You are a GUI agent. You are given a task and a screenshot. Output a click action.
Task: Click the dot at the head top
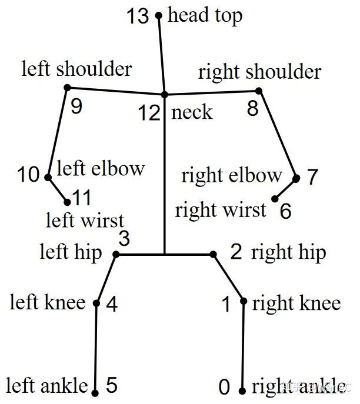click(x=158, y=16)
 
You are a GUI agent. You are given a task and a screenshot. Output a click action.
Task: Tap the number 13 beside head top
click(x=138, y=16)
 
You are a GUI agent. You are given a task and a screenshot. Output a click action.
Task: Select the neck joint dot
click(x=164, y=94)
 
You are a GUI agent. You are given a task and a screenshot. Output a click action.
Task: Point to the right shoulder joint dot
click(x=259, y=91)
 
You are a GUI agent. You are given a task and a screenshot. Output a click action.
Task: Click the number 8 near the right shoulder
click(x=252, y=109)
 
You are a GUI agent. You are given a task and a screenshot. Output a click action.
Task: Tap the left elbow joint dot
click(x=48, y=176)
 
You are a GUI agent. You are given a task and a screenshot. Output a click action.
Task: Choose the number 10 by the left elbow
click(x=28, y=175)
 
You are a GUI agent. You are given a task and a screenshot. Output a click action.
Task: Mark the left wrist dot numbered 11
click(x=66, y=201)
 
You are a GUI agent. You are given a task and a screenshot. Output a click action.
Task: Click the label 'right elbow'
click(x=232, y=175)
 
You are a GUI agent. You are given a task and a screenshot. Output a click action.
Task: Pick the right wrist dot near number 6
click(x=275, y=199)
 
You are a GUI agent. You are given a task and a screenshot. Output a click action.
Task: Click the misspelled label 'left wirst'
click(x=85, y=221)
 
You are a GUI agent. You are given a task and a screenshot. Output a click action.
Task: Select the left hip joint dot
click(x=116, y=254)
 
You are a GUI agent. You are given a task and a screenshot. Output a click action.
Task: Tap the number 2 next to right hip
click(x=236, y=252)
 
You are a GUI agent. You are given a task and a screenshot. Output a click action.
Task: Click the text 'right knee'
click(x=296, y=303)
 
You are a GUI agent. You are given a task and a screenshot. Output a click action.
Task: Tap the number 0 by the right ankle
click(x=224, y=388)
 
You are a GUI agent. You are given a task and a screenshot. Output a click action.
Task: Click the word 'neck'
click(x=192, y=112)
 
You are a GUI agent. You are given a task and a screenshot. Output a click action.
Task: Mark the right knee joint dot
click(x=244, y=302)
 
